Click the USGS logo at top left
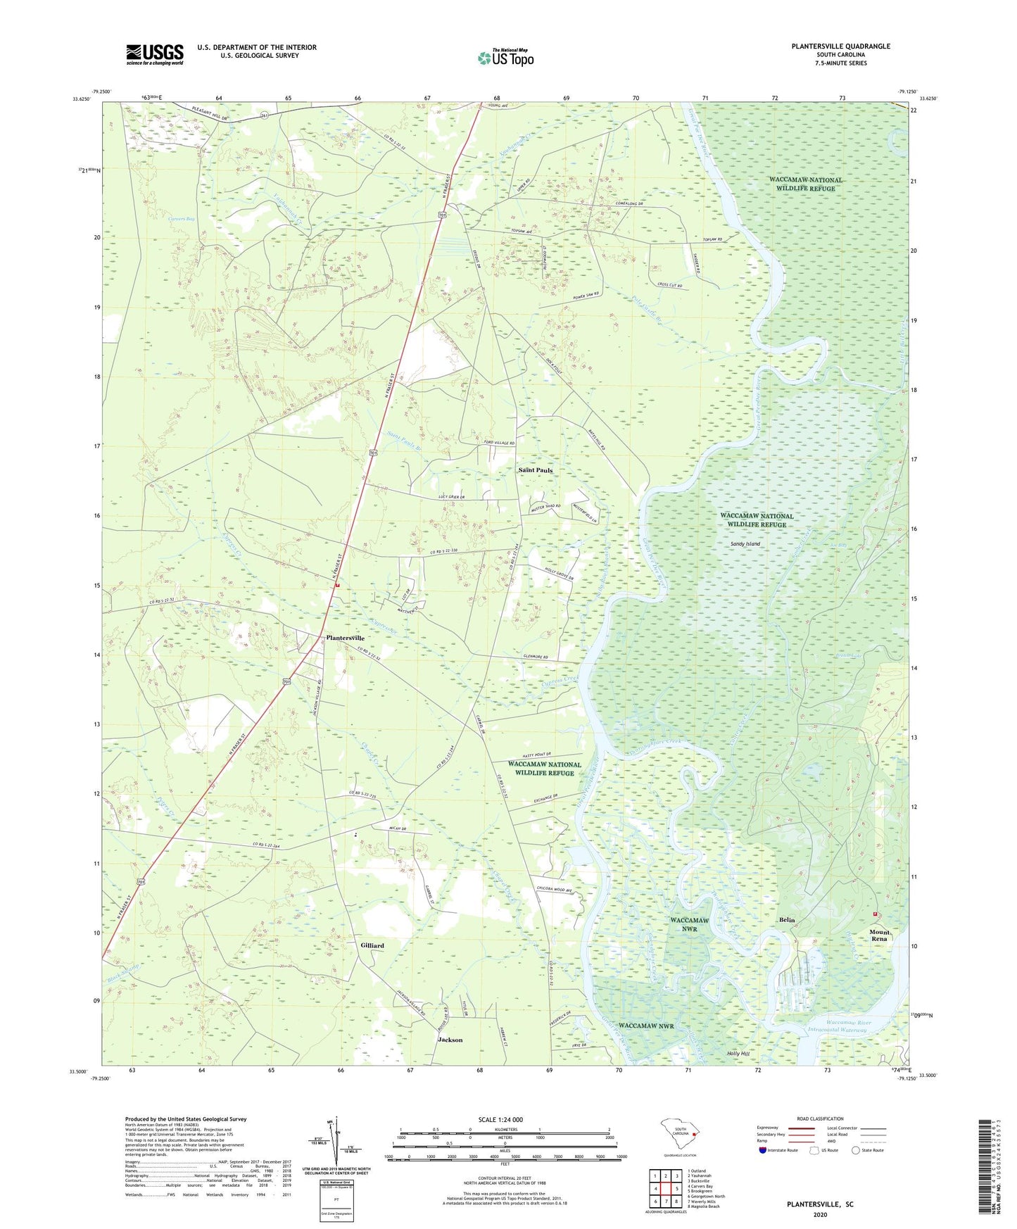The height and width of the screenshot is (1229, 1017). pyautogui.click(x=155, y=53)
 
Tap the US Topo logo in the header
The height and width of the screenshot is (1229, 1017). pyautogui.click(x=505, y=58)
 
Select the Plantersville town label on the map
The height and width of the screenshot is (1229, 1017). pyautogui.click(x=345, y=638)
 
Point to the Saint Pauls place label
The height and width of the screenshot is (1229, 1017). pyautogui.click(x=536, y=469)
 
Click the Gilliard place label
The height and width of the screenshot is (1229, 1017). pyautogui.click(x=372, y=945)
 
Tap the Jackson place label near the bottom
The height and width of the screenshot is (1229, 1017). pyautogui.click(x=450, y=1040)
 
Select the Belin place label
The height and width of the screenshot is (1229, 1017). pyautogui.click(x=786, y=920)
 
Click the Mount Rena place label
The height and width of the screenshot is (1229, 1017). pyautogui.click(x=879, y=935)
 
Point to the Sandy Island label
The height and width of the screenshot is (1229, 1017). pyautogui.click(x=745, y=544)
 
